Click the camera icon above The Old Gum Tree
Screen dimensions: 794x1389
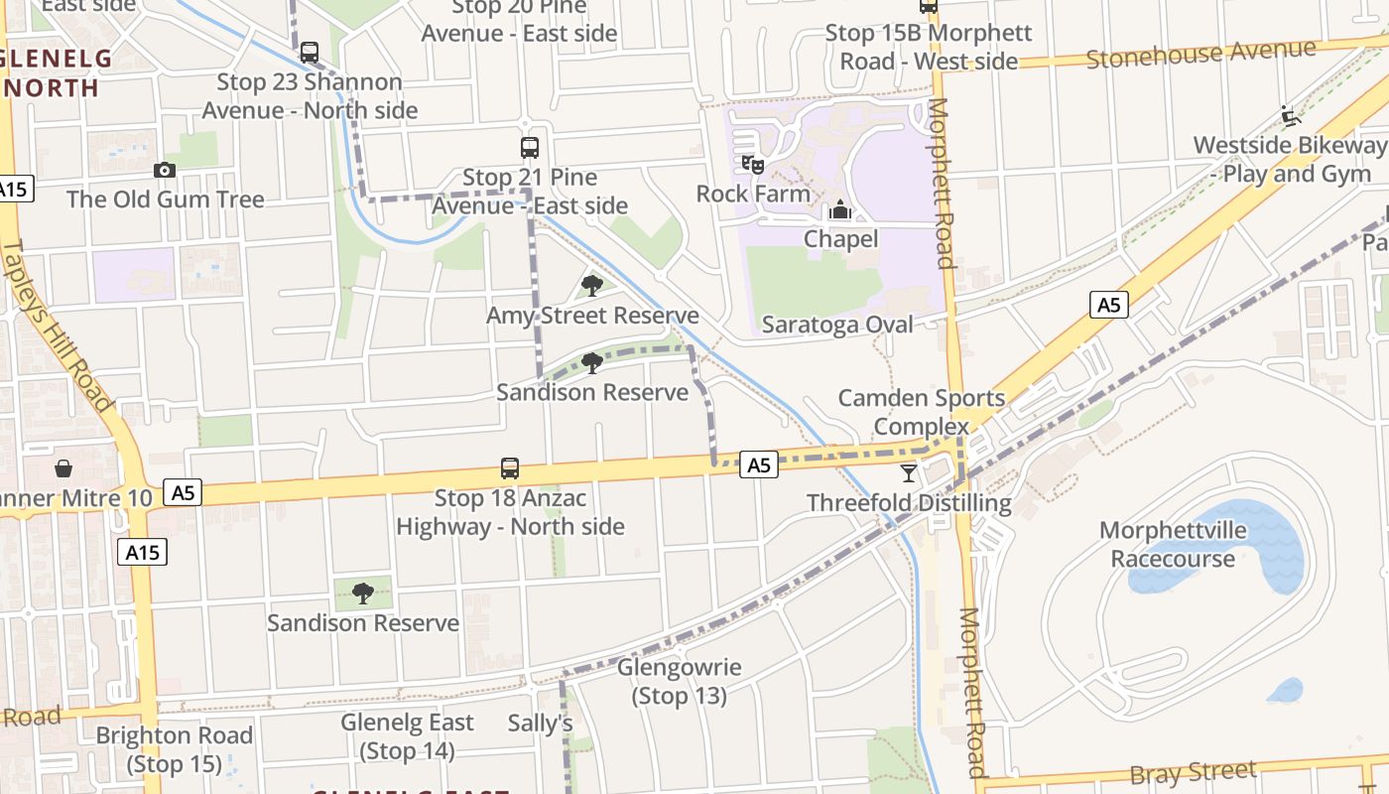pos(165,170)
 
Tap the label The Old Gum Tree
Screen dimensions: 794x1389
pos(166,198)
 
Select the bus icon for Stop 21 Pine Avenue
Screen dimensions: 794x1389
pos(530,148)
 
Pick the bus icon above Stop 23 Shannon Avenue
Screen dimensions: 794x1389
pos(310,52)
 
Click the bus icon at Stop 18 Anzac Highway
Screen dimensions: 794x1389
pos(510,467)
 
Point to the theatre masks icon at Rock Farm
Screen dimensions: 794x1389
pos(753,164)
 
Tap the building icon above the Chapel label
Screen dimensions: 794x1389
pos(840,209)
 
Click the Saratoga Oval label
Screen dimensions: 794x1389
pos(836,325)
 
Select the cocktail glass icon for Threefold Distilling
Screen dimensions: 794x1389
pos(909,472)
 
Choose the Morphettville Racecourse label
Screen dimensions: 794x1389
pos(1173,544)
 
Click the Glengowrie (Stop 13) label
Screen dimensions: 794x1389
pos(680,681)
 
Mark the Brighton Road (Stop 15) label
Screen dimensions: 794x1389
pos(175,749)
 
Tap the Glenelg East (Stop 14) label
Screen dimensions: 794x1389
pos(408,735)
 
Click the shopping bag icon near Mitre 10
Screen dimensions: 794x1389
pos(63,467)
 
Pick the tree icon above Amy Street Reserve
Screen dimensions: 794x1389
pos(592,286)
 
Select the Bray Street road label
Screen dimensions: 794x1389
pos(1194,772)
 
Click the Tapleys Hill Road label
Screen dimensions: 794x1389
pos(59,326)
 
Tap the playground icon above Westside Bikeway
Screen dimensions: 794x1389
pos(1290,116)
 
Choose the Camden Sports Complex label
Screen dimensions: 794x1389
pos(922,412)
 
